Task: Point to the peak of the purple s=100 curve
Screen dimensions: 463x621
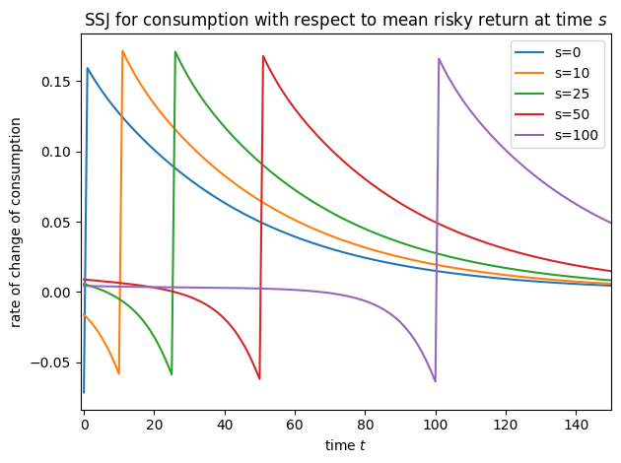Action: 439,59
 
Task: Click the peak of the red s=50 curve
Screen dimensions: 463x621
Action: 263,56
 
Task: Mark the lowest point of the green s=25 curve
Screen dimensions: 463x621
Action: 172,374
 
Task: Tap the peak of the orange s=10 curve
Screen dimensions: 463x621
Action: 122,51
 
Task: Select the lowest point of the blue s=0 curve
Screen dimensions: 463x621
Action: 84,392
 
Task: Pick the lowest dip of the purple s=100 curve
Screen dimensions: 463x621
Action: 435,381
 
